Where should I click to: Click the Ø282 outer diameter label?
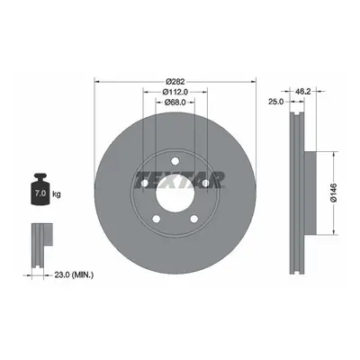(x=175, y=81)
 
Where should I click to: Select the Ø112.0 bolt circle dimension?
(x=175, y=92)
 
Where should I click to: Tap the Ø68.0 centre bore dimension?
(x=175, y=102)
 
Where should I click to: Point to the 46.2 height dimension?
(x=302, y=91)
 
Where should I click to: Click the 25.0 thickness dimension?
(x=275, y=102)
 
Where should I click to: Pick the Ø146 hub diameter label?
(x=333, y=193)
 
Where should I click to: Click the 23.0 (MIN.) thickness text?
(x=74, y=274)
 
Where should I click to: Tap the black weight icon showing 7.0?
(x=40, y=189)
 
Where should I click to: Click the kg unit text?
(x=57, y=194)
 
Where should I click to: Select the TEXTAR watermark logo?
(x=180, y=180)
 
